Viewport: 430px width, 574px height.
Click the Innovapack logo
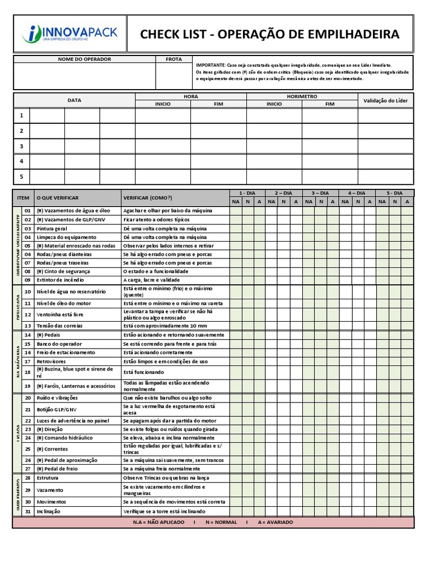pos(70,34)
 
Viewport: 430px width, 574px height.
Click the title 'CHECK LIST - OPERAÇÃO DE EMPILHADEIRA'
pos(270,35)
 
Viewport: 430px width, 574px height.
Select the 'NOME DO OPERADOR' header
pos(85,59)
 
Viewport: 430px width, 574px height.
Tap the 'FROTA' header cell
pos(174,59)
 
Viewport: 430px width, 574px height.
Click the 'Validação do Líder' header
pos(385,100)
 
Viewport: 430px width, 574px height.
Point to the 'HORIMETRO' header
pos(302,96)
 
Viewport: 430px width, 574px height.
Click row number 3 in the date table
pos(21,146)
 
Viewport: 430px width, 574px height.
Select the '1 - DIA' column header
pos(247,192)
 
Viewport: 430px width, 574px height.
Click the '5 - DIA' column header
pos(394,192)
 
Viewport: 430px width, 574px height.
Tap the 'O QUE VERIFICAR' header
pos(58,198)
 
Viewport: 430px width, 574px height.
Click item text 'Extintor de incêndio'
pos(60,279)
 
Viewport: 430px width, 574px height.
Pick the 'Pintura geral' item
pos(52,229)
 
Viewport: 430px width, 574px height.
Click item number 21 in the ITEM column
pos(27,409)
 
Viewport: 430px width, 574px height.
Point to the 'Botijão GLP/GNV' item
pos(57,409)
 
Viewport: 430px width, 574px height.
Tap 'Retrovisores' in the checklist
pos(52,361)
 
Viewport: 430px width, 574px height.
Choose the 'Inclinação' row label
pos(50,511)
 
